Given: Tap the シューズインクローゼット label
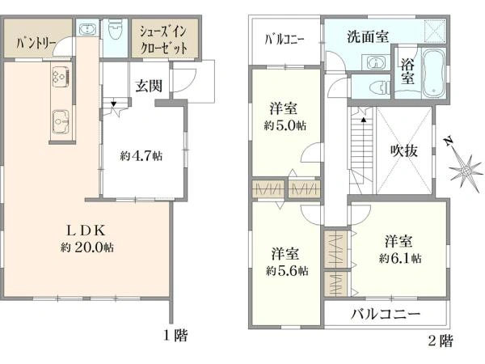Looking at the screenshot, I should click(x=164, y=39).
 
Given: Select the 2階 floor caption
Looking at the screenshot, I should click(x=441, y=341).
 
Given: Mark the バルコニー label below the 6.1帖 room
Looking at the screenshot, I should click(x=386, y=314).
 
